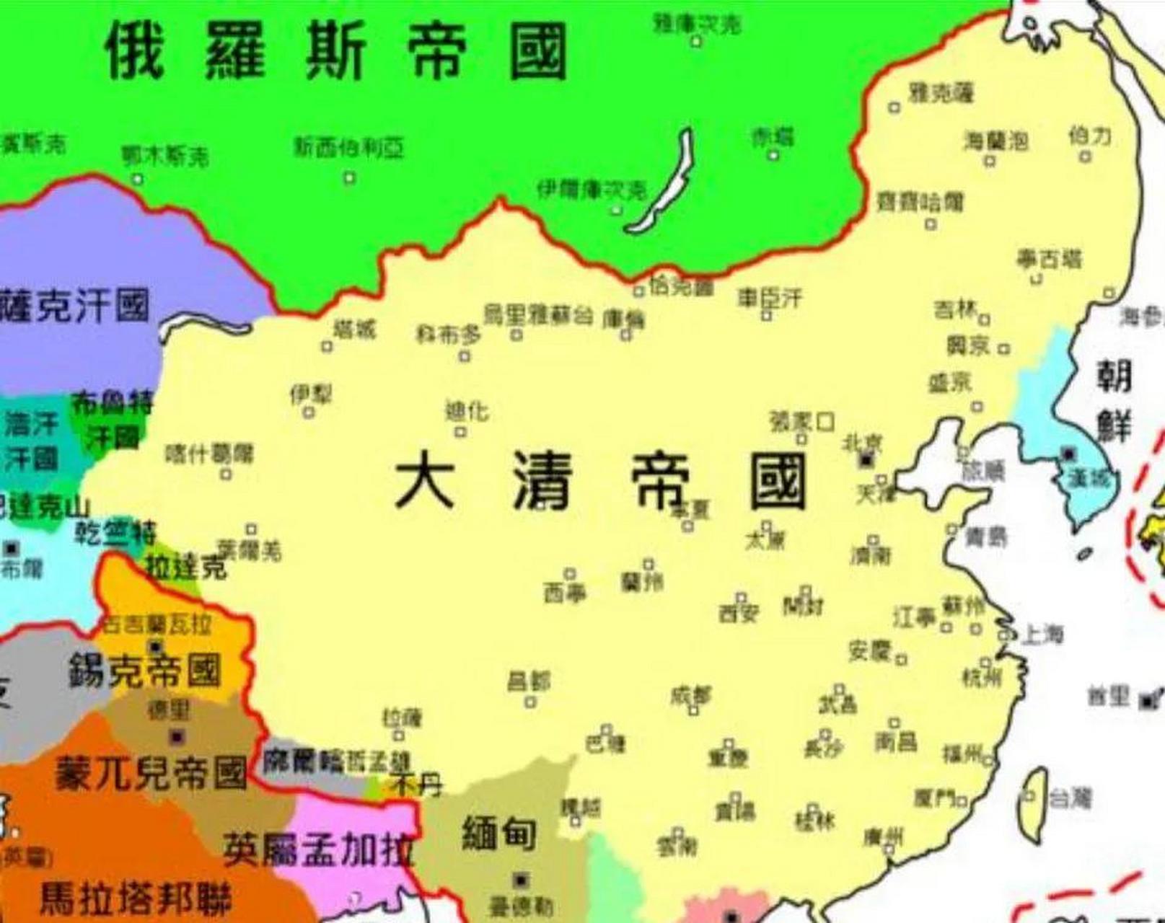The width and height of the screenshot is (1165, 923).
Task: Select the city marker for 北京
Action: (x=866, y=459)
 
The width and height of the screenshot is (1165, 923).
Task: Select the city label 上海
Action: (x=1043, y=635)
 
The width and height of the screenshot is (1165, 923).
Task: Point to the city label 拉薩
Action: (x=403, y=718)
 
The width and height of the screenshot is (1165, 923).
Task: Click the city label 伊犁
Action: (x=311, y=394)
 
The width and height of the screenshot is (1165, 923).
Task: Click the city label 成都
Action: (x=690, y=695)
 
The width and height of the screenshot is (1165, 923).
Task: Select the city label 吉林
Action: (x=955, y=310)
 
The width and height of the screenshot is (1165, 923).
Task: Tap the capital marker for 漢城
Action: (x=1068, y=454)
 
